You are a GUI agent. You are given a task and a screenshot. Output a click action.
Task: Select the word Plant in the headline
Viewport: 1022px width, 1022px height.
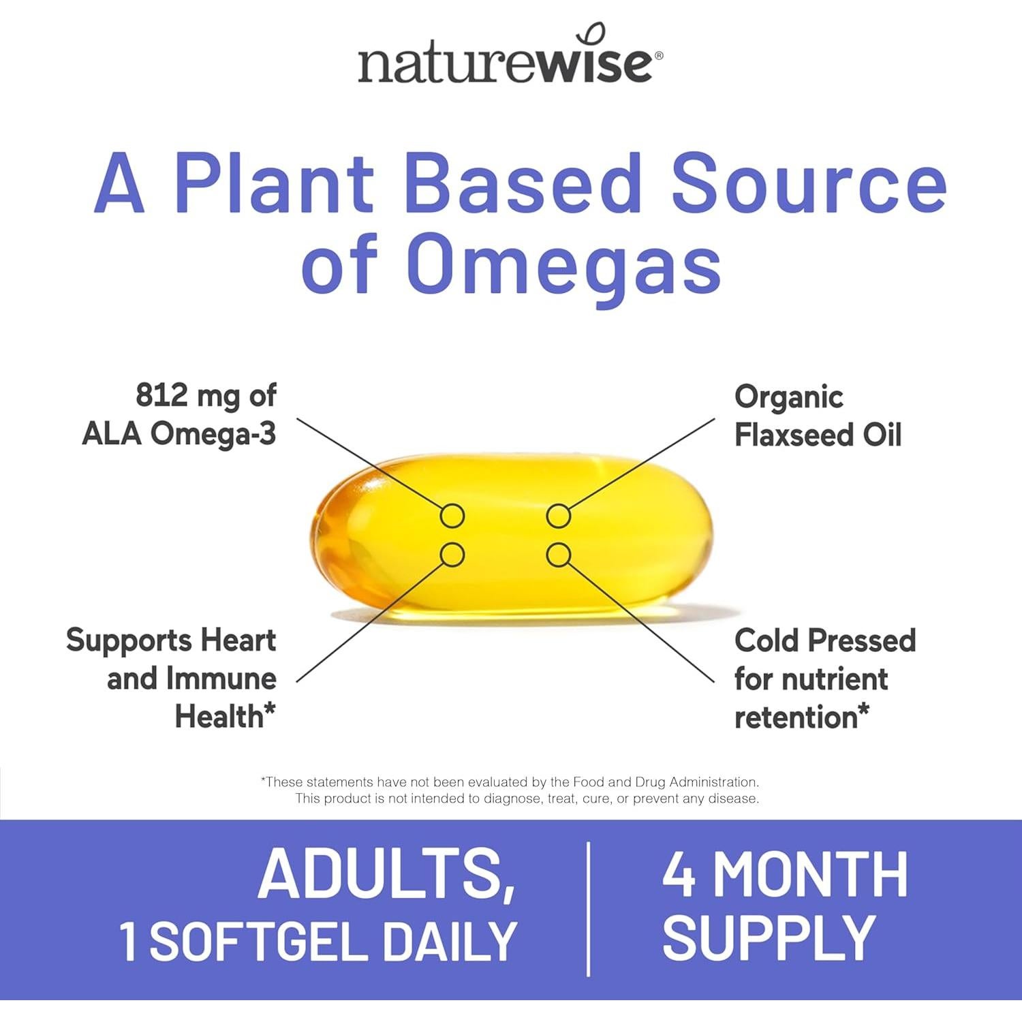point(275,183)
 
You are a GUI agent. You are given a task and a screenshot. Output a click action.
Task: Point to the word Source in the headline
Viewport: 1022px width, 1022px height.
point(809,183)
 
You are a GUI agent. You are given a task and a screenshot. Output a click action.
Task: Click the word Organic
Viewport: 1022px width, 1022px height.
point(789,397)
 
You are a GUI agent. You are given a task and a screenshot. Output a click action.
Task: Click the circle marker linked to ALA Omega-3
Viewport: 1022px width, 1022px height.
point(452,516)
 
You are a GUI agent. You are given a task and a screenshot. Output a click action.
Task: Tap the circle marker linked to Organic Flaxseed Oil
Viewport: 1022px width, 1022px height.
point(558,516)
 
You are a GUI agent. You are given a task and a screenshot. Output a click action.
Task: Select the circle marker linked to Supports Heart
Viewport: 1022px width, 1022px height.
point(452,555)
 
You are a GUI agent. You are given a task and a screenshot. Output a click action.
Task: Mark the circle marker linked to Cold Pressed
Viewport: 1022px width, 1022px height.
point(558,555)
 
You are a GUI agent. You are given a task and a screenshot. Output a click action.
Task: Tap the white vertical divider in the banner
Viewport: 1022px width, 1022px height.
point(588,909)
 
